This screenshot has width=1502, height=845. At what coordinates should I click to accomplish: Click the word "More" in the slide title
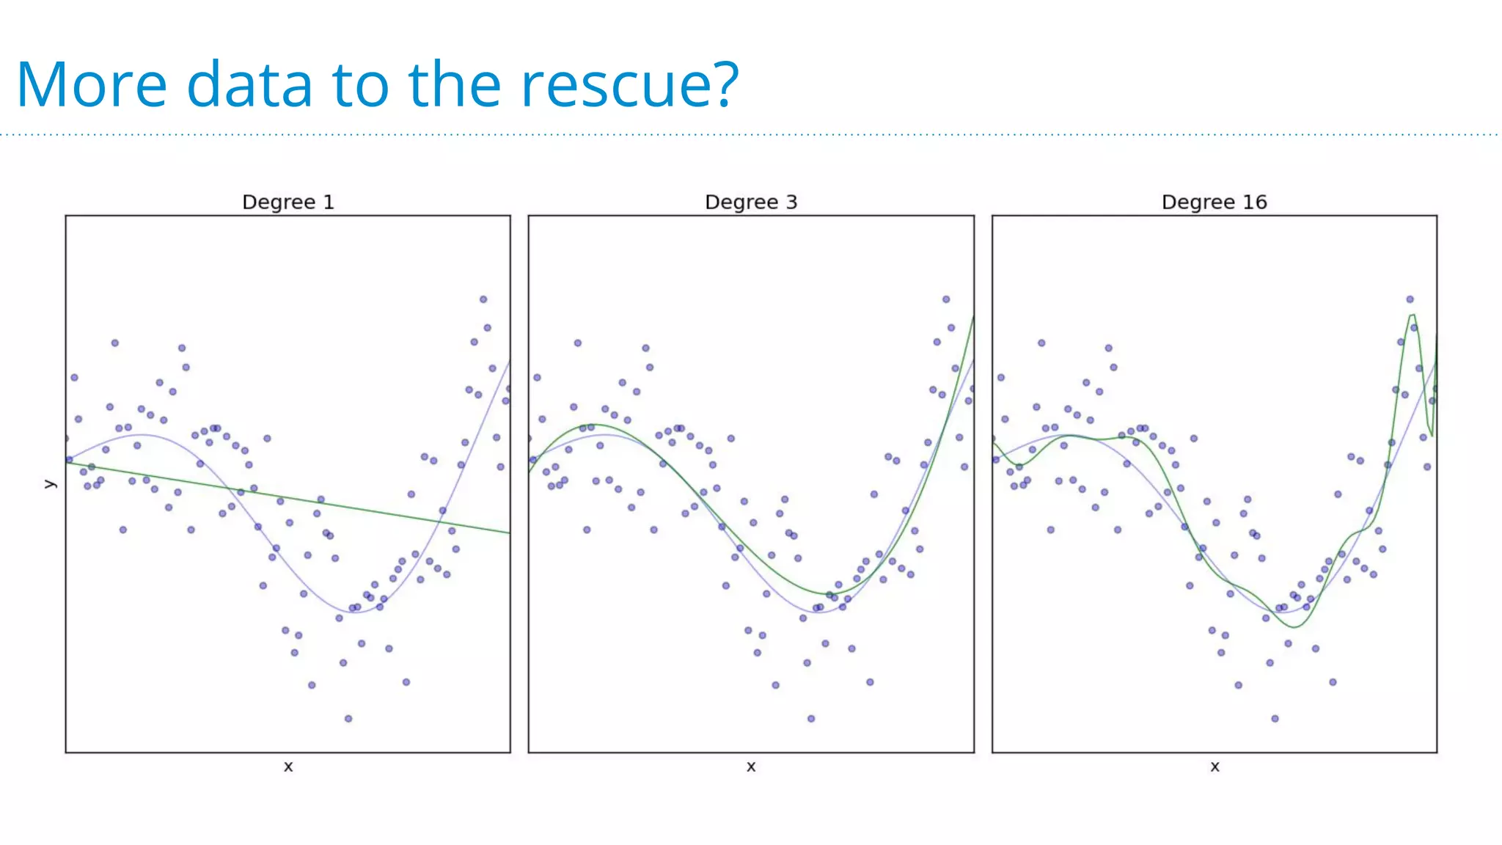point(92,85)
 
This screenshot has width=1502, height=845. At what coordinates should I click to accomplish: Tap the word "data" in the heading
point(249,85)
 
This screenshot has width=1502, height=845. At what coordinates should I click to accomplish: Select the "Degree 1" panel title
point(288,202)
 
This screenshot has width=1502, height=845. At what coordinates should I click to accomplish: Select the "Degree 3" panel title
point(751,202)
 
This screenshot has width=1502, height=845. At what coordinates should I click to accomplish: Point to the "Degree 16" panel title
point(1215,202)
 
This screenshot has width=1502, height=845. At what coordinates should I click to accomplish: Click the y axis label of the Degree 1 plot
point(50,484)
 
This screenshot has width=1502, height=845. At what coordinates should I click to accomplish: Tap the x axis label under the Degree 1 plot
point(288,767)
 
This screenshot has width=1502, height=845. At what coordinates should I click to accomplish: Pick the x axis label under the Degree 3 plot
point(751,767)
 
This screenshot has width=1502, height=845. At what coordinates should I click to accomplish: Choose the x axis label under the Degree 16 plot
point(1215,767)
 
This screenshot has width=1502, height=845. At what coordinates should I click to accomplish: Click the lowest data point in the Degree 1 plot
point(348,719)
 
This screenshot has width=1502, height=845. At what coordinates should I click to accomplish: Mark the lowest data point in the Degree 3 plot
point(811,719)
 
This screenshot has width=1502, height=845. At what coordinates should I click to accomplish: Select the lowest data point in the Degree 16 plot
point(1275,719)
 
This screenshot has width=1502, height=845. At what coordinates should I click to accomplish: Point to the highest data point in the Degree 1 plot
point(483,299)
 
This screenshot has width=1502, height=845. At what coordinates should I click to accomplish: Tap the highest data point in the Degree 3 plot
point(946,299)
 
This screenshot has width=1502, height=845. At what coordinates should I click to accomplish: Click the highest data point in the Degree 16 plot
point(1410,299)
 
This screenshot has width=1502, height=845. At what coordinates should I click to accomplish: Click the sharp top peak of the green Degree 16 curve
point(1412,315)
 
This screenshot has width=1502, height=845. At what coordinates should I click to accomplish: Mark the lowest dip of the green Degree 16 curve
point(1294,627)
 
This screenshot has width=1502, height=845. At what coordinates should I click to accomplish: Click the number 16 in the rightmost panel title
point(1255,202)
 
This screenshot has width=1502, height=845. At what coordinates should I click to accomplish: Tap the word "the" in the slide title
point(455,85)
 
